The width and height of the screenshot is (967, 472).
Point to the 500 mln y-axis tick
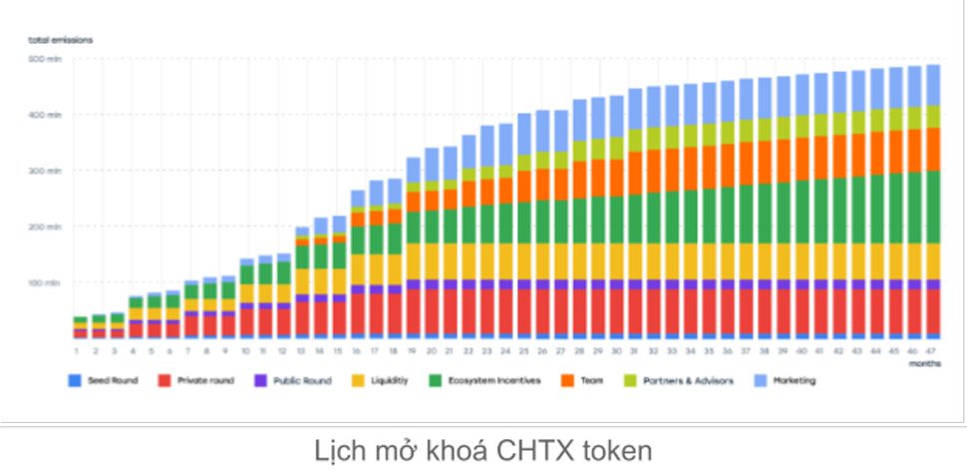coord(46,60)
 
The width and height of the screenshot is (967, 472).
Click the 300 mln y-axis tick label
coord(46,172)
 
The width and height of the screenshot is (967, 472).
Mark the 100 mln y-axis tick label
coord(46,283)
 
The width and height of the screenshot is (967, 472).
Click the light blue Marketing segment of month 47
coord(932,85)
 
